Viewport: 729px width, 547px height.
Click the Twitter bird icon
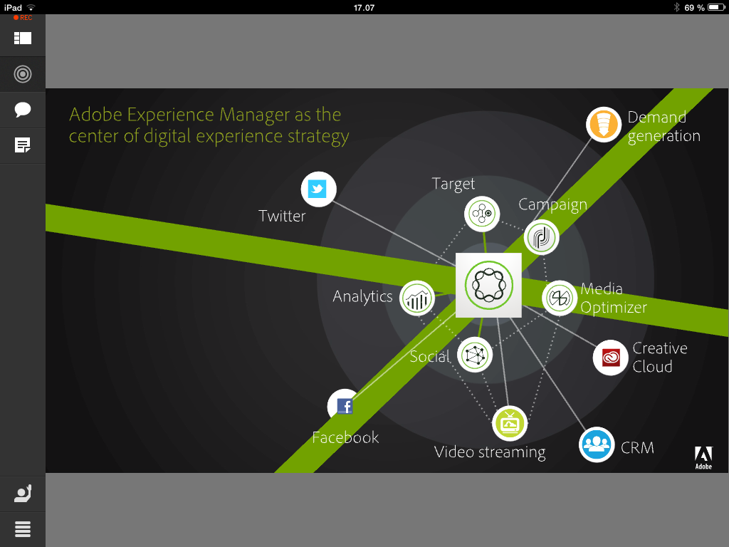point(318,189)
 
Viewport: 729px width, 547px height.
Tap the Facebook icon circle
point(344,406)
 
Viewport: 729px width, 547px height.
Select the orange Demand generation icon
point(604,125)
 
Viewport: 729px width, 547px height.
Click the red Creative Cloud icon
point(611,358)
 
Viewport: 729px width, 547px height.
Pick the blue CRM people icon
point(597,444)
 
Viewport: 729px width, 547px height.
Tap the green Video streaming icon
point(510,424)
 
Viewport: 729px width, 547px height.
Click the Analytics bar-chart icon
point(417,298)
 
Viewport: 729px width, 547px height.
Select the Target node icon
point(482,213)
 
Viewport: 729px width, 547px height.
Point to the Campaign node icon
point(542,237)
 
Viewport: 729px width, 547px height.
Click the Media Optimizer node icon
point(560,298)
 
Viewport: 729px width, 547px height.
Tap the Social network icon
point(475,355)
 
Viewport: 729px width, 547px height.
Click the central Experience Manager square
point(488,286)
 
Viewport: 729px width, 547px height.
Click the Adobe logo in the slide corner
point(703,457)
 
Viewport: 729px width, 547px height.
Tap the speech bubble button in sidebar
point(23,110)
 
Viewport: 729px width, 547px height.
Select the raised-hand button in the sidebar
point(23,494)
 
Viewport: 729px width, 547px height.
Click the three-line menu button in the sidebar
point(23,529)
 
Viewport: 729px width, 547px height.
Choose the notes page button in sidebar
point(23,146)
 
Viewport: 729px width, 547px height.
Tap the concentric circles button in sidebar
point(23,73)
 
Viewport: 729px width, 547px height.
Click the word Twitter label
point(282,216)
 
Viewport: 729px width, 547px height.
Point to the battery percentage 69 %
point(695,7)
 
